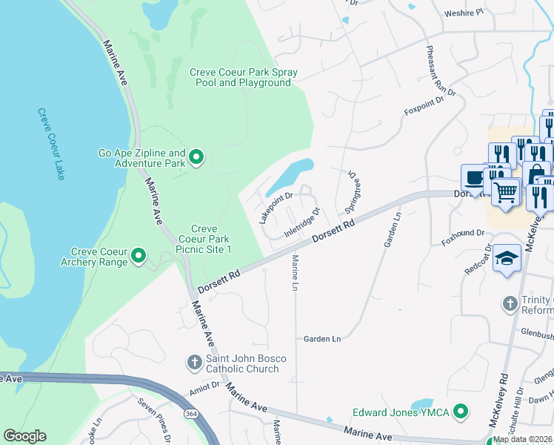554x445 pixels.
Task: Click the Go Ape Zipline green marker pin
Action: pyautogui.click(x=196, y=156)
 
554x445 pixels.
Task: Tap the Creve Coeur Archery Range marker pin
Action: pyautogui.click(x=138, y=257)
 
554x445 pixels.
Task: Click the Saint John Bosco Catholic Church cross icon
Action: pyautogui.click(x=194, y=363)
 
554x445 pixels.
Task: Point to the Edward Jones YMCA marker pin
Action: pyautogui.click(x=461, y=411)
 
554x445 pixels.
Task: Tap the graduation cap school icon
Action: pyautogui.click(x=507, y=259)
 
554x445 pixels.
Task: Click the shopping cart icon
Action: pyautogui.click(x=507, y=192)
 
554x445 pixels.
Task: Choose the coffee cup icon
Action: pyautogui.click(x=474, y=179)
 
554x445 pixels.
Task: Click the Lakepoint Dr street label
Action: pyautogui.click(x=276, y=207)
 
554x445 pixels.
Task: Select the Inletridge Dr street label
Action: pyautogui.click(x=302, y=223)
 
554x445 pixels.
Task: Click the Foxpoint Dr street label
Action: pyautogui.click(x=424, y=105)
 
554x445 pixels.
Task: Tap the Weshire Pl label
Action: pyautogui.click(x=463, y=13)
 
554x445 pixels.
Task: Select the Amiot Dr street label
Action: pyautogui.click(x=205, y=386)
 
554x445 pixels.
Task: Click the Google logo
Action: pyautogui.click(x=25, y=436)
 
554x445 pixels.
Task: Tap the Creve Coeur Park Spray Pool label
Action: pyautogui.click(x=243, y=78)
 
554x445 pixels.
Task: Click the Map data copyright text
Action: pyautogui.click(x=522, y=439)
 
